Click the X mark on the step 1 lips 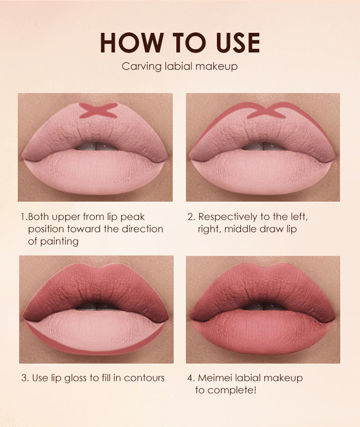pos(98,110)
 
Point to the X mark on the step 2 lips pos(266,111)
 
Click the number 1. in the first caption pos(24,217)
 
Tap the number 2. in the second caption pos(191,217)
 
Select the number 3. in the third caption pos(26,378)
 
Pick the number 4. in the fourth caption pos(191,378)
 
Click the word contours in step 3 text pos(144,378)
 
